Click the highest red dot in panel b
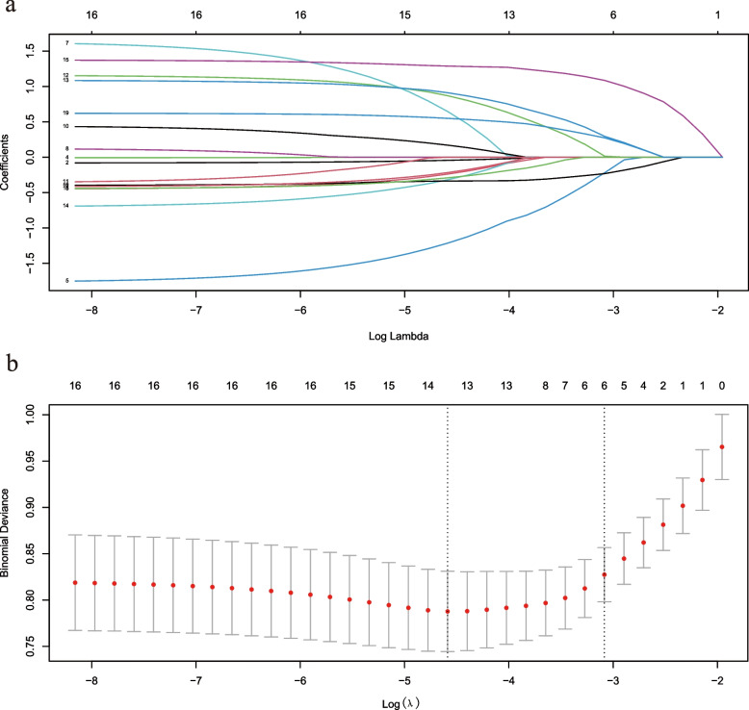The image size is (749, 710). [721, 447]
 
